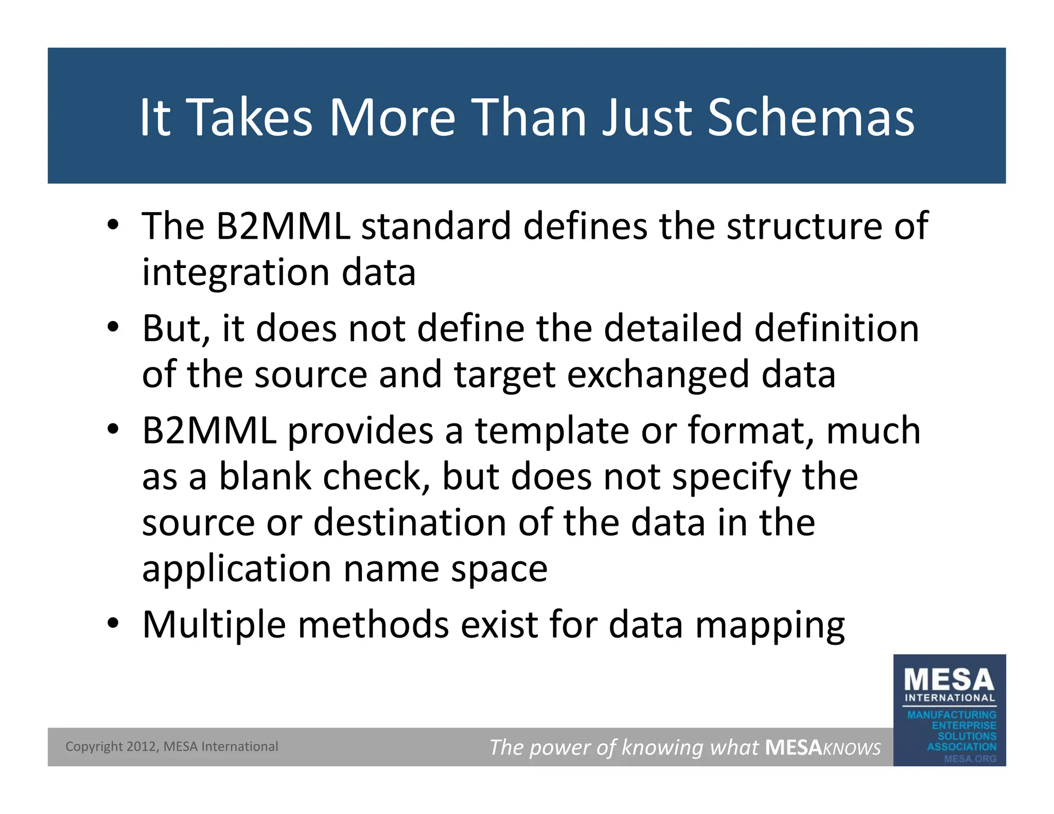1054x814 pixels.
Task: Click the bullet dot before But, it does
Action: coord(113,327)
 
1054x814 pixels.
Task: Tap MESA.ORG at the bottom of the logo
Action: coord(970,758)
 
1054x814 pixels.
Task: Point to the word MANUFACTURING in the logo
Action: coord(952,715)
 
